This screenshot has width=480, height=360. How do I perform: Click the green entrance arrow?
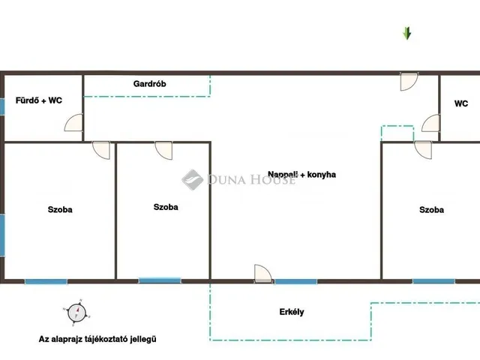406,33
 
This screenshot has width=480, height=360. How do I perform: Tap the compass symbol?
76,313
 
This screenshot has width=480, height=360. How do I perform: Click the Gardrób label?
150,84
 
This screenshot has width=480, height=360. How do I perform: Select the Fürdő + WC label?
39,100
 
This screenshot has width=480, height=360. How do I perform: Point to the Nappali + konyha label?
301,175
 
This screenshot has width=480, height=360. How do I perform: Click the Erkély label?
292,312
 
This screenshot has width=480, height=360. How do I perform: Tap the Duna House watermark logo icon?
192,180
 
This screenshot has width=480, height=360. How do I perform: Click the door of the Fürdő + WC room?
73,122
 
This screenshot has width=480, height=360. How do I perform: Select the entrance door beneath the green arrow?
409,82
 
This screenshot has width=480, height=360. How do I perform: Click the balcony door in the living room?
263,273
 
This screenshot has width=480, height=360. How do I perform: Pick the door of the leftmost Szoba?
101,150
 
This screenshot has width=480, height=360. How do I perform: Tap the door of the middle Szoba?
163,150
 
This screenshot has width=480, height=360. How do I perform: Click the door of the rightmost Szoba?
423,150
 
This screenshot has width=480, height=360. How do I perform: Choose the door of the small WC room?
431,123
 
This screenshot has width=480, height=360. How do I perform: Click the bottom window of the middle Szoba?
160,280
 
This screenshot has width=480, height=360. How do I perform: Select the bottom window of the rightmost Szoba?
433,281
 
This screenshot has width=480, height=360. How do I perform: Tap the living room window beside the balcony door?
295,281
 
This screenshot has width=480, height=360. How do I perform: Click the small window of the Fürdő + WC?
1,106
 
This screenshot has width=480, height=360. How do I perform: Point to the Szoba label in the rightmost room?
432,210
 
